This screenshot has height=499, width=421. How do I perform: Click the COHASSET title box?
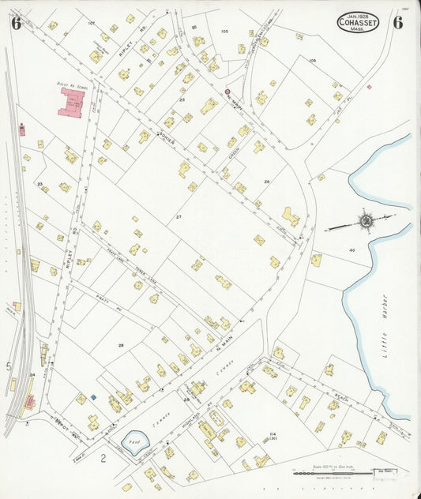359,22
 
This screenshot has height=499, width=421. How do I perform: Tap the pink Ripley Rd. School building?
73,103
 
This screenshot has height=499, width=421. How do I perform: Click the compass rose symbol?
365,221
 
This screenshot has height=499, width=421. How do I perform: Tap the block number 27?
179,216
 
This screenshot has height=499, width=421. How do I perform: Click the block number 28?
121,345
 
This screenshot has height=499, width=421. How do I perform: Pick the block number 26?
267,182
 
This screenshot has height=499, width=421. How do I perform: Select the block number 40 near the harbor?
352,250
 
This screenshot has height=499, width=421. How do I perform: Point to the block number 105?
224,32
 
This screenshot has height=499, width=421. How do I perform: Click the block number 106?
313,60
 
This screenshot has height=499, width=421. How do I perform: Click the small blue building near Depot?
93,397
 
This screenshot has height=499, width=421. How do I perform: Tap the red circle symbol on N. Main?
227,92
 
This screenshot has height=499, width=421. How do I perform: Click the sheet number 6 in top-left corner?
15,22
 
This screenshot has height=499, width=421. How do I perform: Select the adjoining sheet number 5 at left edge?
9,366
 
